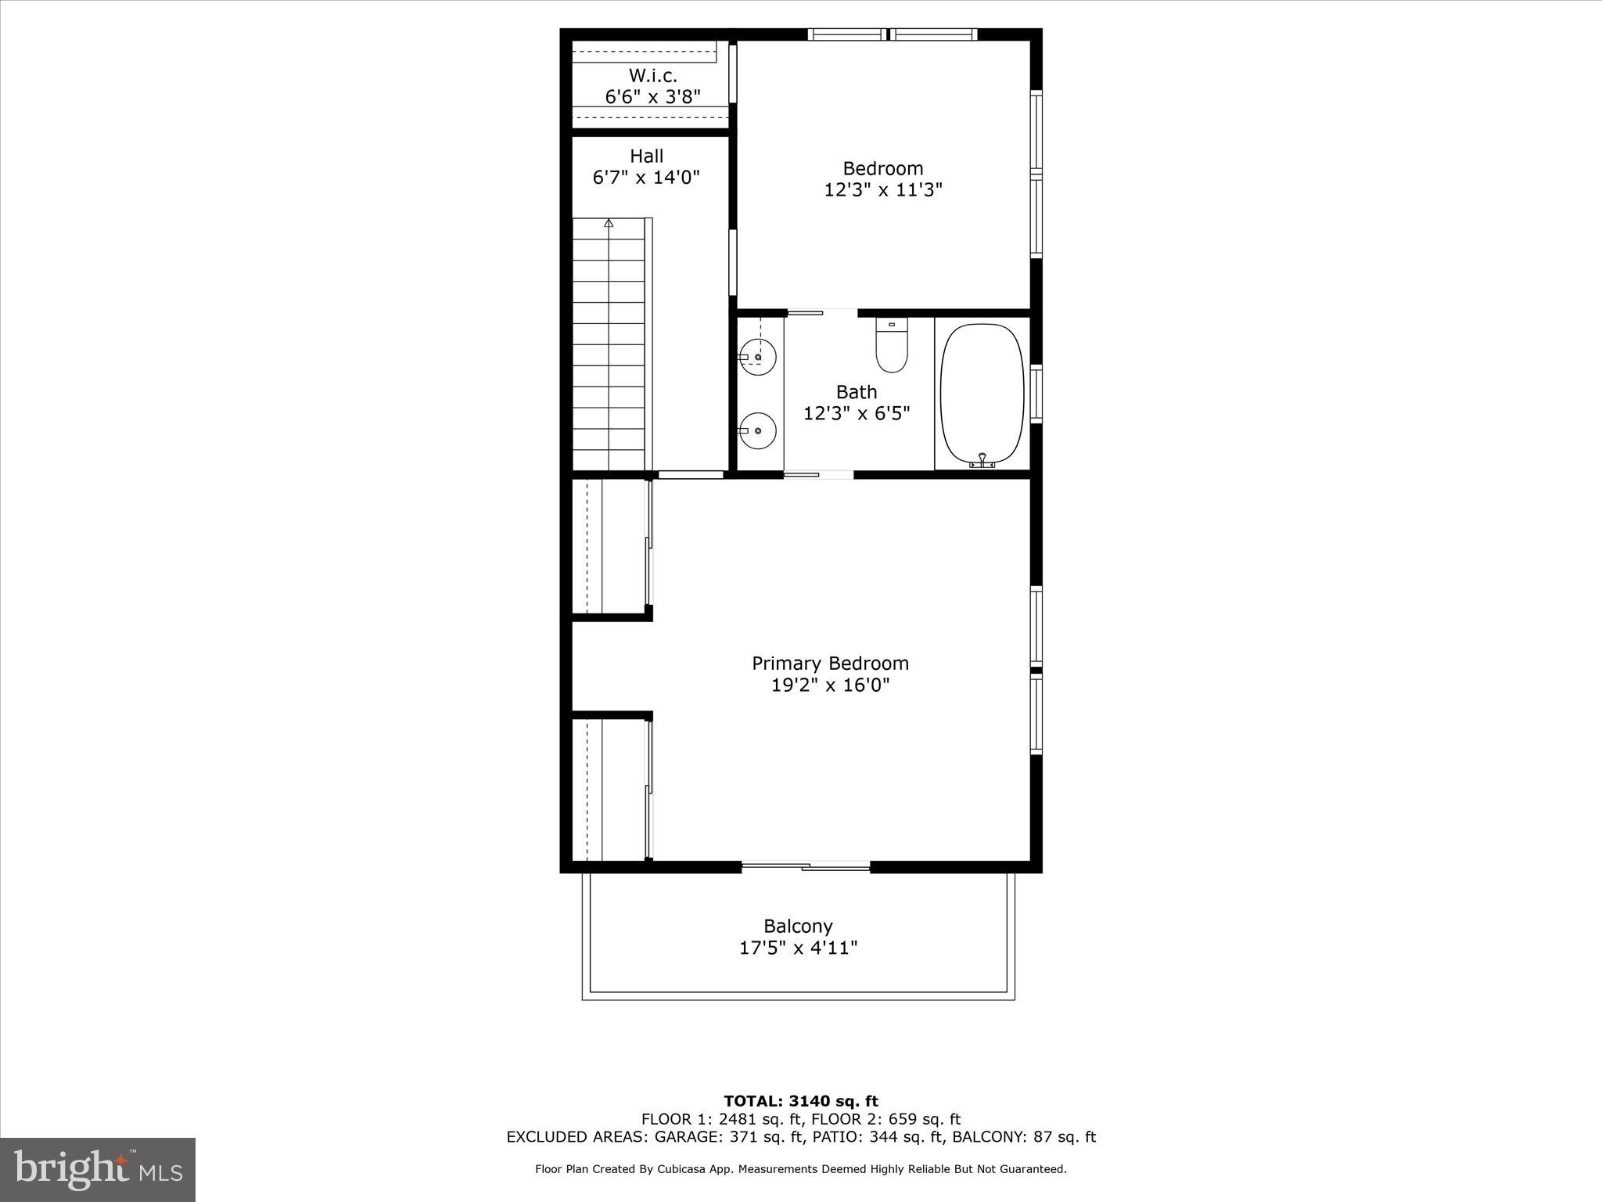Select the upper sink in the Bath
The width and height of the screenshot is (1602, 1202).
[757, 357]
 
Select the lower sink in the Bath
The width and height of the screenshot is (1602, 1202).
[757, 430]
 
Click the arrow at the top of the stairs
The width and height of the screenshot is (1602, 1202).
[609, 223]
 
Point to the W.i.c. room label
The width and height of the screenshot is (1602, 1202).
[652, 76]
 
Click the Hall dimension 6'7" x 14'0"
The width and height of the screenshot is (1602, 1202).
[646, 178]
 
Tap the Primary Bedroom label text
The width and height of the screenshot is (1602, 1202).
[830, 664]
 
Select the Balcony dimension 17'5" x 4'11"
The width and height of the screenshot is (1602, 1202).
[799, 948]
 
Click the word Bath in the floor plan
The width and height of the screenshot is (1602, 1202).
[857, 392]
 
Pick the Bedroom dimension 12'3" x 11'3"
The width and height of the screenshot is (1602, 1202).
[883, 190]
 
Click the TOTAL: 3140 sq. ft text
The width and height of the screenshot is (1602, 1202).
[801, 1102]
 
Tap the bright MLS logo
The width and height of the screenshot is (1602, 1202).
[98, 1169]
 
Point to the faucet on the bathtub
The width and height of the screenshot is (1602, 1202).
[982, 460]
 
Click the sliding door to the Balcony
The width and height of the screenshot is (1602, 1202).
[806, 866]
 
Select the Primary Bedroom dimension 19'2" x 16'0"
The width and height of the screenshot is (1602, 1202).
[830, 686]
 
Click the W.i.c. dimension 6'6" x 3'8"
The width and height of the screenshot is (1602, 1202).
[652, 97]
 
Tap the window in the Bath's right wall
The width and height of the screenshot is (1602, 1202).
[1036, 394]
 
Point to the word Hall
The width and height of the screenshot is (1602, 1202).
[646, 157]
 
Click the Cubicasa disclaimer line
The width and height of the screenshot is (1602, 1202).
[801, 1169]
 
